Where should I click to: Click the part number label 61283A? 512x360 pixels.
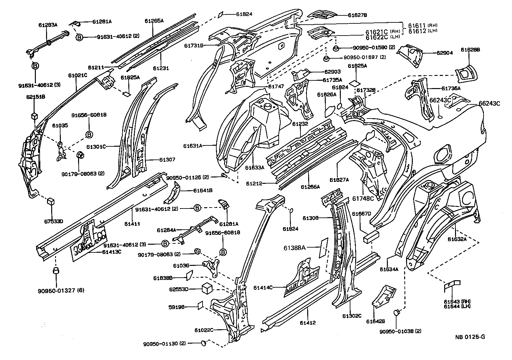[48, 25]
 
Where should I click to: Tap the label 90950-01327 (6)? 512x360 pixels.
[61, 290]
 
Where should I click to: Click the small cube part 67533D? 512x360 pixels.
[51, 201]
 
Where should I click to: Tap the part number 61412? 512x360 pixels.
[308, 323]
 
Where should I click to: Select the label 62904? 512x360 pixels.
[444, 53]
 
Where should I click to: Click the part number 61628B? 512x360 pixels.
[470, 50]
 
